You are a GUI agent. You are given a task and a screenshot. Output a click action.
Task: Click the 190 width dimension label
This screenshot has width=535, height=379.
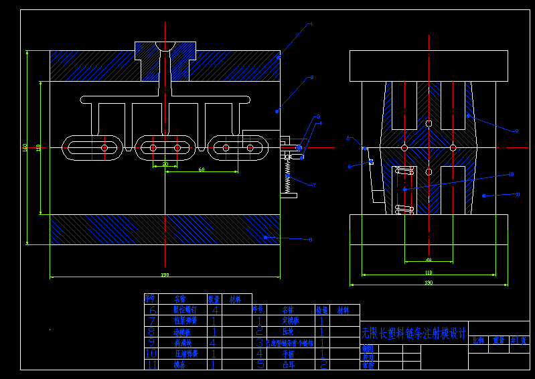(x=165, y=275)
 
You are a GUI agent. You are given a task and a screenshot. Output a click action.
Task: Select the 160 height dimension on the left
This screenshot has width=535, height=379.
(x=25, y=147)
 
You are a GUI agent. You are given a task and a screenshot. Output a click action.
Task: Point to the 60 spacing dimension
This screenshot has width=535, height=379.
(x=201, y=169)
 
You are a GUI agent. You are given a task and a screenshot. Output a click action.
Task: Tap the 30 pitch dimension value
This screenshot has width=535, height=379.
(x=165, y=163)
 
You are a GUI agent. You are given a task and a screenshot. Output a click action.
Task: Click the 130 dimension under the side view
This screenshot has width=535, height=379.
(x=429, y=283)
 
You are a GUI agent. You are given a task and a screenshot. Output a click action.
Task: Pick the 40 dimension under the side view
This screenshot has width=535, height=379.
(x=429, y=259)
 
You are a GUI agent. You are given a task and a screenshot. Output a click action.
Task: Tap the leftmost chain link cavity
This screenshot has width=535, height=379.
(x=94, y=147)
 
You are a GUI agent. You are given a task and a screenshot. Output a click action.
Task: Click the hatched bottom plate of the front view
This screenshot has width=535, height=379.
(x=165, y=229)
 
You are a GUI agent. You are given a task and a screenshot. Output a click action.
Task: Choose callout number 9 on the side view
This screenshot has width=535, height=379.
(x=516, y=131)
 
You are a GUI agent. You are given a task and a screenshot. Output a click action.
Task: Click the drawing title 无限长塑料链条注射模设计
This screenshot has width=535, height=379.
(x=413, y=333)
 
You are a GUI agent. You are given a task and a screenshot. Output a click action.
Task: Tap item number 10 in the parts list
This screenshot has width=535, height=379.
(x=151, y=353)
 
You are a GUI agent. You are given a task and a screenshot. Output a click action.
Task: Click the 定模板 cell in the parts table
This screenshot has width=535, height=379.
(x=288, y=321)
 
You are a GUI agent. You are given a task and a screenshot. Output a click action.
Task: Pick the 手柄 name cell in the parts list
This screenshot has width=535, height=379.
(x=288, y=353)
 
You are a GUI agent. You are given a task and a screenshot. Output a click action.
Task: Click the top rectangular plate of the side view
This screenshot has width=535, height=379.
(x=429, y=66)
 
